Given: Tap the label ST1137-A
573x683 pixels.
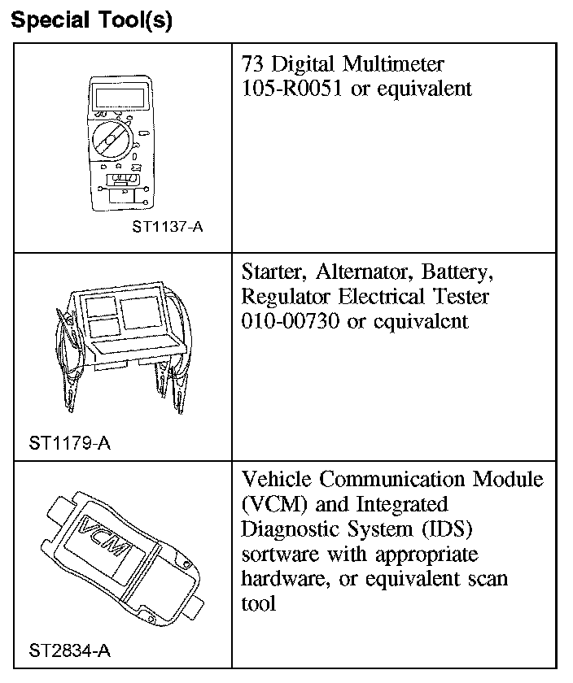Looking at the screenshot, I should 167,227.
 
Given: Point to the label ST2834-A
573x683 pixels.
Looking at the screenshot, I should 69,650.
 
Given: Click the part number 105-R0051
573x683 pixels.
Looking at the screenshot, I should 293,89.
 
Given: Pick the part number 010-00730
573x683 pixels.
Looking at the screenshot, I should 291,321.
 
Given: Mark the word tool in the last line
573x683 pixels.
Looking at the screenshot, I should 259,603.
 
